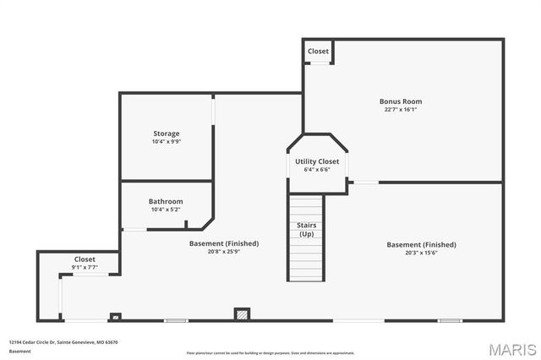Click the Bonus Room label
(400, 101)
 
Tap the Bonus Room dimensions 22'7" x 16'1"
(400, 109)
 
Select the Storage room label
(166, 134)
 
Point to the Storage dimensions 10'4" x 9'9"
(166, 141)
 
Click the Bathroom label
(166, 201)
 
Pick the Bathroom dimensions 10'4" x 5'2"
(166, 209)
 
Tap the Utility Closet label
(317, 161)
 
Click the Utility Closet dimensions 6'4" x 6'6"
(317, 169)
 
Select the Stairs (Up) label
(306, 229)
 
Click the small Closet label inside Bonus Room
(318, 52)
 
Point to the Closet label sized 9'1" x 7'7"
(85, 259)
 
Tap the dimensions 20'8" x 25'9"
(224, 251)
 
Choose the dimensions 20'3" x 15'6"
(421, 253)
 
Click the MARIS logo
(511, 349)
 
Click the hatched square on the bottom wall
(242, 314)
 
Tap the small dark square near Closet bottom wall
(116, 317)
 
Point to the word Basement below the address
(20, 351)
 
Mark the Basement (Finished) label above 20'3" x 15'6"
(421, 245)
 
